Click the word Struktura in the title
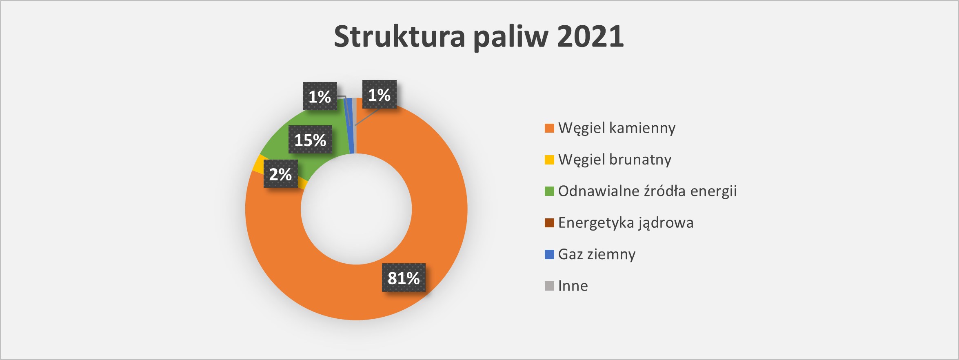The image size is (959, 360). click(400, 36)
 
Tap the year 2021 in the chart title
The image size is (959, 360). click(590, 36)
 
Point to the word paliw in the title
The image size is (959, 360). click(511, 37)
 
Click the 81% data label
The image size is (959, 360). click(404, 278)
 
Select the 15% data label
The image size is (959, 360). click(310, 140)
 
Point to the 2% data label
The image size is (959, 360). click(280, 174)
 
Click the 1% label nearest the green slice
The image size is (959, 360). click(320, 96)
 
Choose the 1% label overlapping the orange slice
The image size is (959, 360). click(380, 94)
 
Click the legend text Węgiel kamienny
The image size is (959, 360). click(617, 128)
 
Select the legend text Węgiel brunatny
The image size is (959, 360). click(615, 159)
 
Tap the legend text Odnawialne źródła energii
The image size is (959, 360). click(647, 191)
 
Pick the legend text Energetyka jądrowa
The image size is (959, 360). click(626, 222)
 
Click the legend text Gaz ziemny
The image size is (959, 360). click(597, 254)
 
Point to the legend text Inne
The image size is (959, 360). click(573, 286)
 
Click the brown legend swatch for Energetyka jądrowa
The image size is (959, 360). click(549, 223)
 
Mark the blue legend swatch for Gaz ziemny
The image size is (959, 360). click(549, 254)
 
